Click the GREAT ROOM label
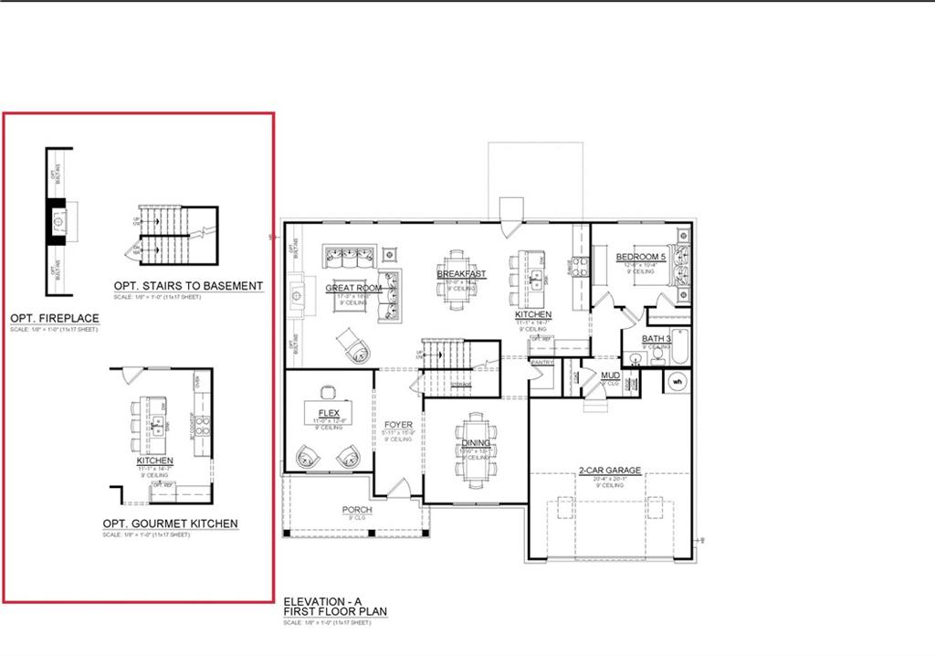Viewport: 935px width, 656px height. tap(353, 288)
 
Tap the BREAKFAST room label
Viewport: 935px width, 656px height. tap(461, 274)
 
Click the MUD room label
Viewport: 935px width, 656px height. tap(609, 375)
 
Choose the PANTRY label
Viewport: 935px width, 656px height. tap(542, 363)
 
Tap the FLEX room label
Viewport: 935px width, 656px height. tap(329, 413)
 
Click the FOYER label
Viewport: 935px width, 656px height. tap(398, 425)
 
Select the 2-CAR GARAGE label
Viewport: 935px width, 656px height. tap(609, 471)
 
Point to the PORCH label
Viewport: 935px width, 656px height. tap(356, 510)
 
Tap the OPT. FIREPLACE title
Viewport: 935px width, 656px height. tap(55, 318)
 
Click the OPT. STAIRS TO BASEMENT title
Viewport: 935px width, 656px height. tap(188, 286)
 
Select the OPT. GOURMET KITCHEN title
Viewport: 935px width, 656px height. tap(170, 524)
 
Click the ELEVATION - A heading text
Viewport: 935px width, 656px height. tap(320, 600)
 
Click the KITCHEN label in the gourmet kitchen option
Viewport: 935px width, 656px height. tap(155, 460)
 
